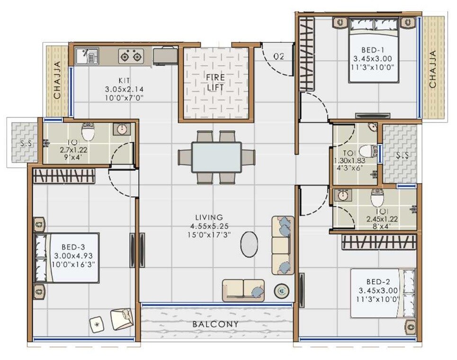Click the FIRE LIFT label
pyautogui.click(x=215, y=82)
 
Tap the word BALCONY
pyautogui.click(x=215, y=325)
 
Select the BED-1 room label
pyautogui.click(x=369, y=50)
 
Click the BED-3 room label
pyautogui.click(x=73, y=247)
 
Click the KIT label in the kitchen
pyautogui.click(x=124, y=80)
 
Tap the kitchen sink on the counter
pyautogui.click(x=87, y=57)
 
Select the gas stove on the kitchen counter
pyautogui.click(x=131, y=57)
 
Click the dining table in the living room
pyautogui.click(x=216, y=157)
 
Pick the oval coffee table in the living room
pyautogui.click(x=250, y=245)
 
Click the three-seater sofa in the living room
pyautogui.click(x=283, y=245)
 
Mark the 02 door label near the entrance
pyautogui.click(x=279, y=57)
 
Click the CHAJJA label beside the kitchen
pyautogui.click(x=57, y=81)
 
